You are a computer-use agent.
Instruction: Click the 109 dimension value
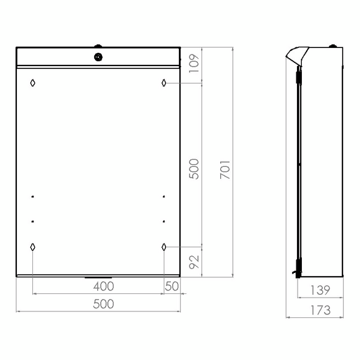pyautogui.click(x=194, y=64)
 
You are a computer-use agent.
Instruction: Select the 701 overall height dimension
pyautogui.click(x=225, y=170)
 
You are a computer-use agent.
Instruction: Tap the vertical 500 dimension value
pyautogui.click(x=194, y=169)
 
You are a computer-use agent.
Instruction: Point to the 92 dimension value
pyautogui.click(x=194, y=262)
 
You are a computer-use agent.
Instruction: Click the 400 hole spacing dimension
pyautogui.click(x=104, y=286)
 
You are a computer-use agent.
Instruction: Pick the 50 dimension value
pyautogui.click(x=172, y=286)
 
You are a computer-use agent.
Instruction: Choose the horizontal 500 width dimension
pyautogui.click(x=104, y=304)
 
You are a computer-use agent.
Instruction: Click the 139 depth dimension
pyautogui.click(x=320, y=290)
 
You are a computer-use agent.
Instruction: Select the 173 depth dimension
pyautogui.click(x=320, y=310)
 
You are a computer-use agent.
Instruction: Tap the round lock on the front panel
pyautogui.click(x=98, y=57)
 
